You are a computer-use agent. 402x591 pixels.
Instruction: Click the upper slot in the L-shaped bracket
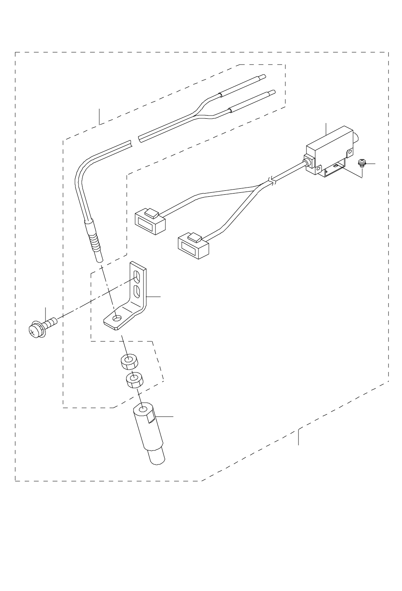tap(137, 276)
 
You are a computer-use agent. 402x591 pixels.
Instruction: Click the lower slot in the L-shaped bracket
tap(137, 291)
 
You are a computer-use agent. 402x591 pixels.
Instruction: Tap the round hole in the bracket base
tap(116, 318)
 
